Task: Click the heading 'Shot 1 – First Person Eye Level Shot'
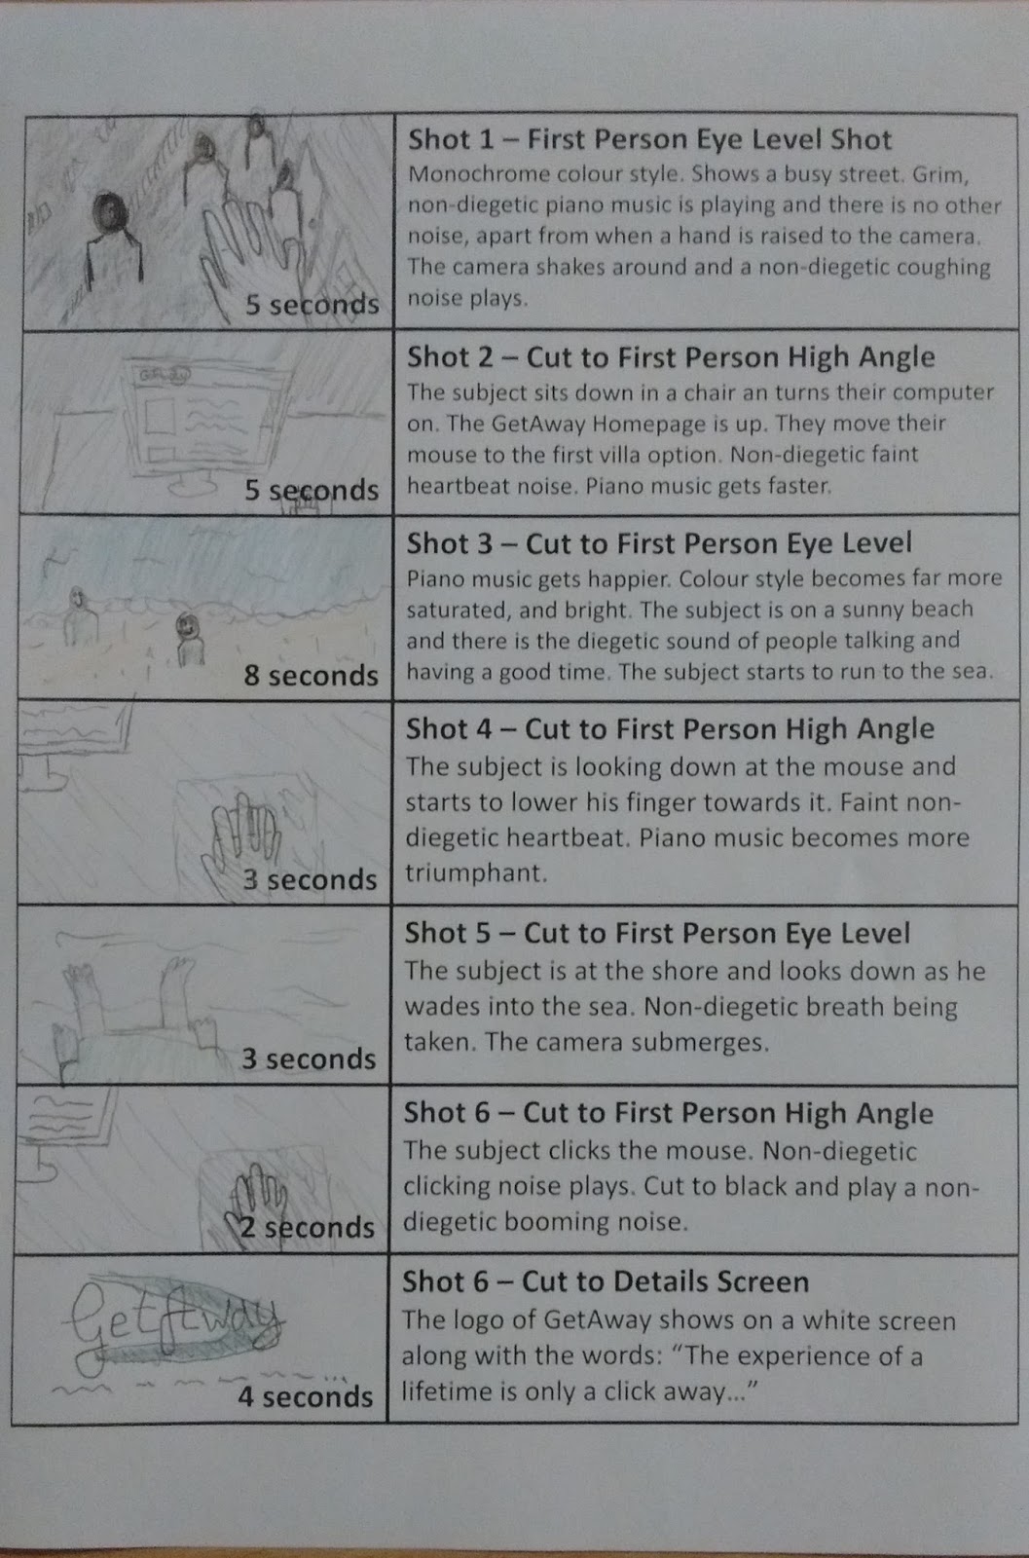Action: tap(649, 139)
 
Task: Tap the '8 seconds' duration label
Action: tap(311, 676)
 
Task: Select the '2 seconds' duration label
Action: tap(308, 1228)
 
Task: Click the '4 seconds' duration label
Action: tap(306, 1396)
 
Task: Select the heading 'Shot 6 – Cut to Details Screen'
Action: tap(606, 1281)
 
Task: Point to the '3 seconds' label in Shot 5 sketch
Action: tap(309, 1058)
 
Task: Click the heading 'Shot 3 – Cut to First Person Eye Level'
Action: tap(659, 543)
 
